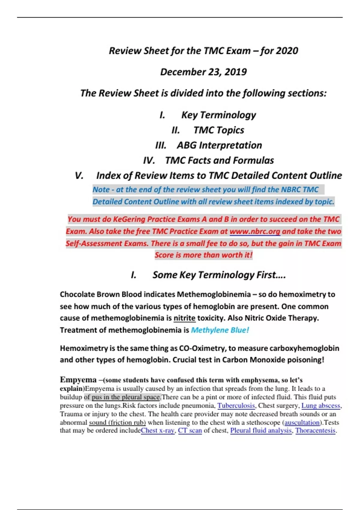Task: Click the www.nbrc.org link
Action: [255, 231]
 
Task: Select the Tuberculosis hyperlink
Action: [236, 406]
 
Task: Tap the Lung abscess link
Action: [321, 406]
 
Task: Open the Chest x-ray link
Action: [157, 430]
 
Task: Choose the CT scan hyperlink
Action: [190, 430]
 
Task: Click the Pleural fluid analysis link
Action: [261, 430]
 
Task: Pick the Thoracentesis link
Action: [315, 430]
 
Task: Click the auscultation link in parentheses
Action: [302, 422]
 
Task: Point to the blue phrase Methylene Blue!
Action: [220, 330]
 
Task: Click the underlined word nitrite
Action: [184, 318]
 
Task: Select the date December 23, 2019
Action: [203, 72]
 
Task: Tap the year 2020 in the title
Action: [287, 51]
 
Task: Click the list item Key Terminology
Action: [218, 115]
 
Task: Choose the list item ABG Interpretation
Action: [219, 145]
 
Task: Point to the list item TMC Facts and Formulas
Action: [219, 160]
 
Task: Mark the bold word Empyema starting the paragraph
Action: [78, 380]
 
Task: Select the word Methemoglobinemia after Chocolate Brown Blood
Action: [214, 294]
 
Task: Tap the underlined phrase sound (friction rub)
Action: [117, 422]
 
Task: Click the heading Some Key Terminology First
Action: [219, 275]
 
